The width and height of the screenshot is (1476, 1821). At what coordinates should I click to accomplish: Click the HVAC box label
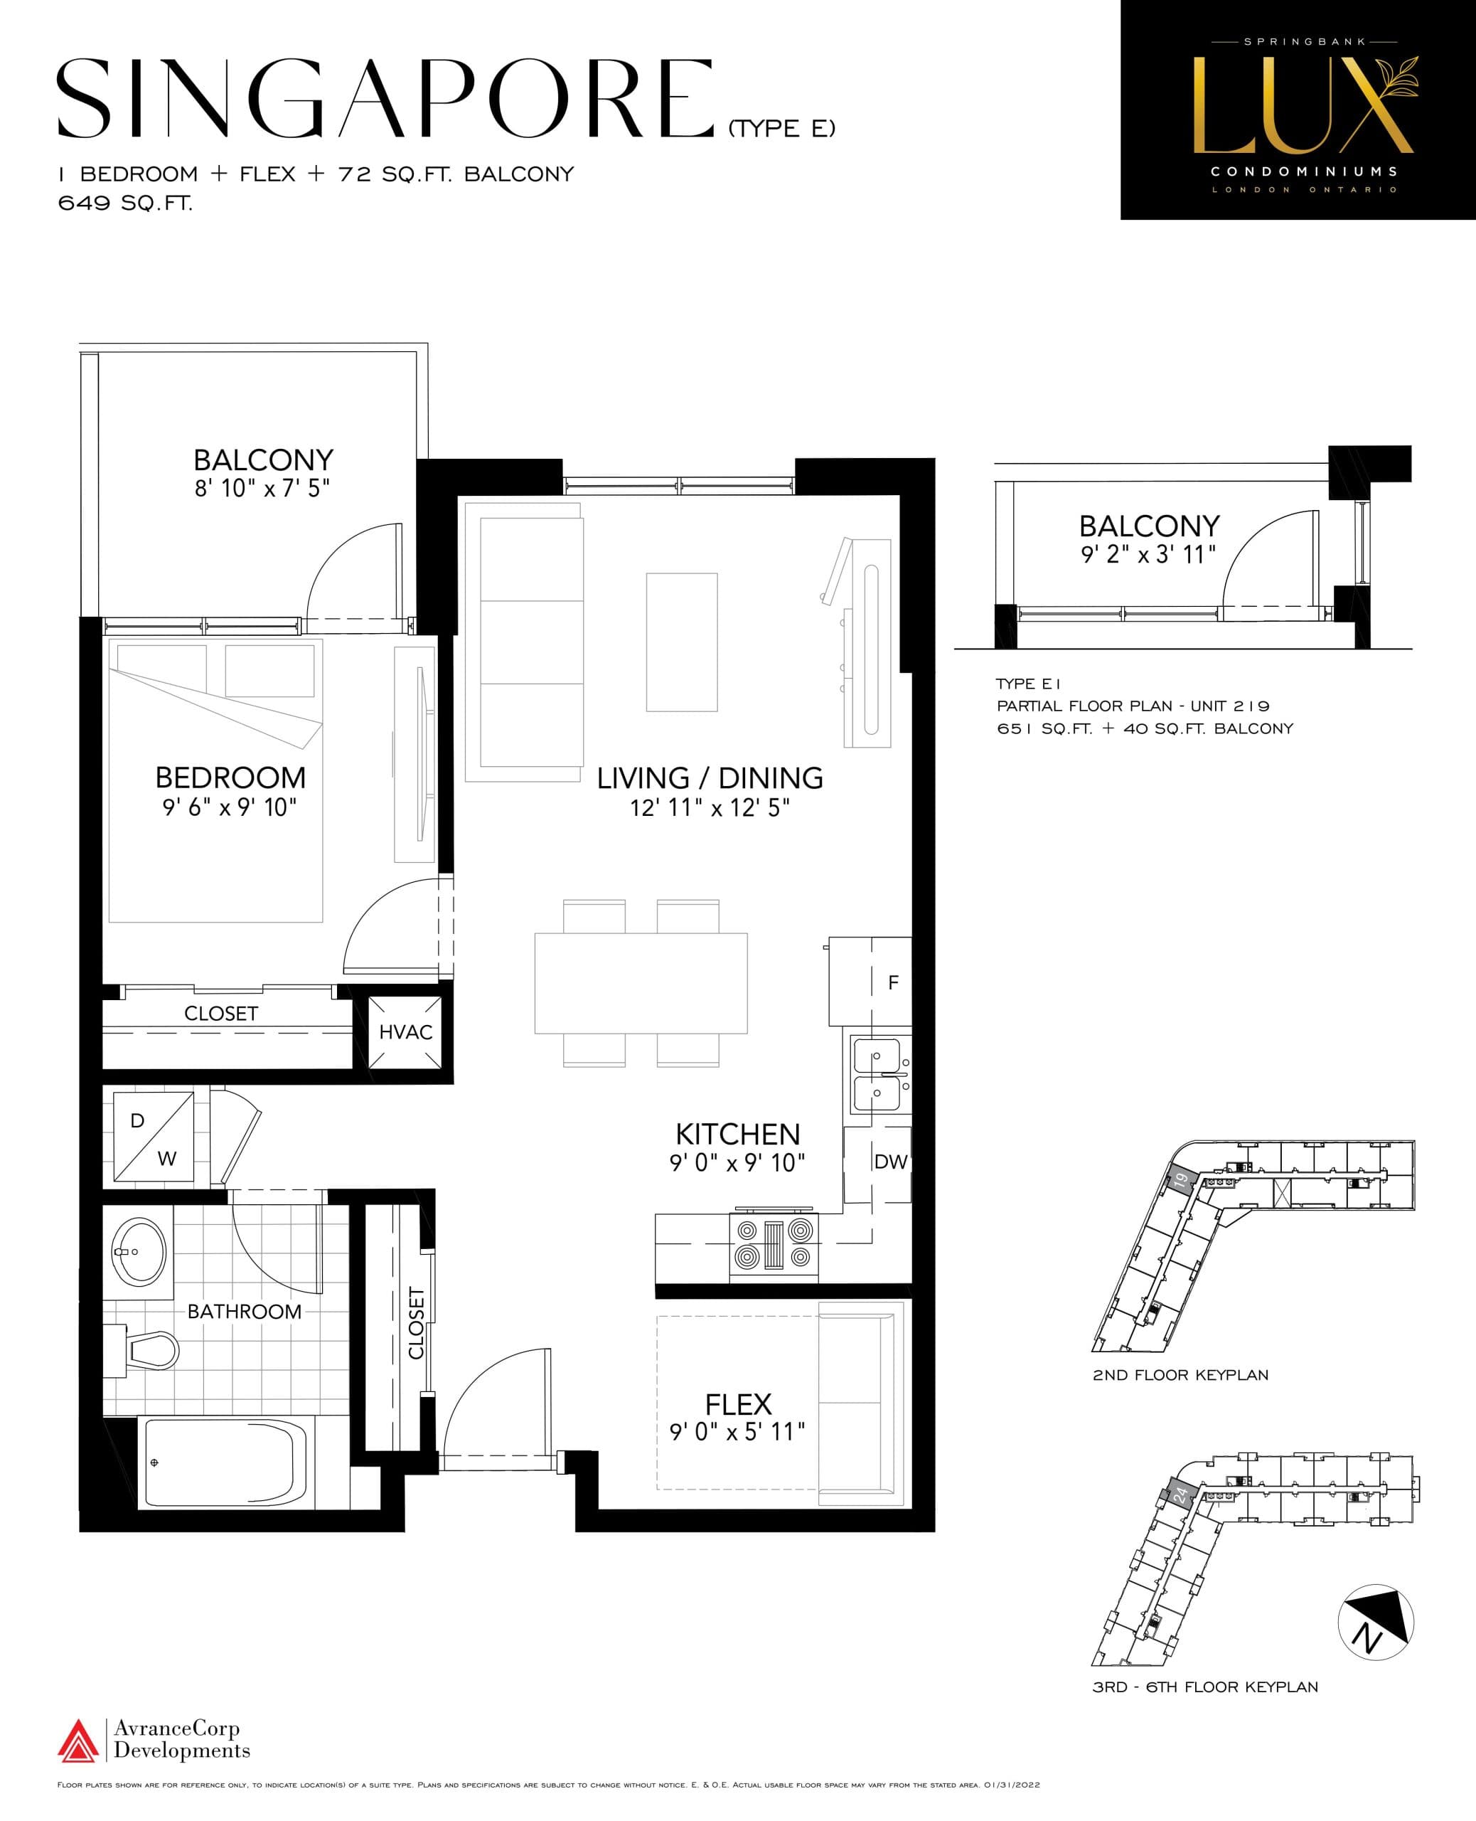(405, 1031)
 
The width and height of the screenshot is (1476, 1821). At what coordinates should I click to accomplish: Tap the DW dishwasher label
(890, 1162)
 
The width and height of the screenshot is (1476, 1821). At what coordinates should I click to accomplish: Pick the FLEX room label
(738, 1403)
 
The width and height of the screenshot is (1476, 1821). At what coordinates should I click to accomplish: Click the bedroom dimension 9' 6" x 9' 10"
(230, 807)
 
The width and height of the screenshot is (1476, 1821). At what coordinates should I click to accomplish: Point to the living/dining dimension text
(709, 807)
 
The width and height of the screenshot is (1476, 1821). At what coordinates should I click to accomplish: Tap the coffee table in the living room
(681, 642)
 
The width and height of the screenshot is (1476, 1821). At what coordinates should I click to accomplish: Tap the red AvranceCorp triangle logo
(77, 1740)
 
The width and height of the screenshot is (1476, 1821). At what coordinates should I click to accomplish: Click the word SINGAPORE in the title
(385, 100)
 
